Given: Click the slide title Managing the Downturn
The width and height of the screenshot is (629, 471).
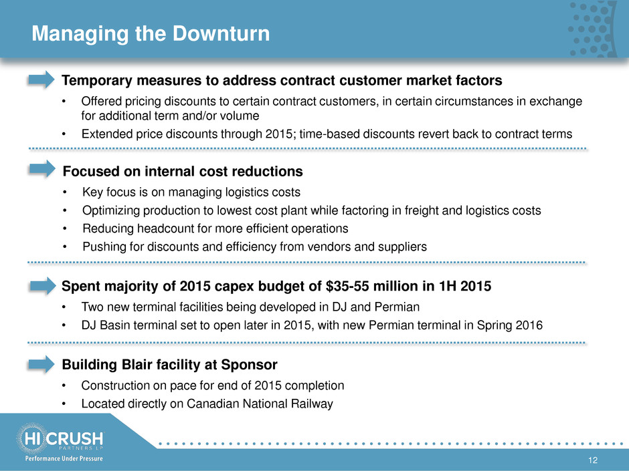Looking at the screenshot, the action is [x=151, y=33].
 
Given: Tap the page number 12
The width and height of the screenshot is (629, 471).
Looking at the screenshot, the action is [x=592, y=460].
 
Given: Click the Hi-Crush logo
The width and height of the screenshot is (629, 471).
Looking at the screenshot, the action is [x=60, y=438].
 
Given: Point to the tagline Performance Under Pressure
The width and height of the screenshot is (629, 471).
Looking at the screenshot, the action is [x=64, y=458].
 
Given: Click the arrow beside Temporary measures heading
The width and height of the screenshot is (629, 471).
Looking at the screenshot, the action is [x=41, y=80].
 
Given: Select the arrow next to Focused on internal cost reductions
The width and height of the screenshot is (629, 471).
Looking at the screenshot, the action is [x=42, y=169].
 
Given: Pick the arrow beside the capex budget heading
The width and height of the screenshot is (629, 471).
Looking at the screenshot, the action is [x=43, y=286].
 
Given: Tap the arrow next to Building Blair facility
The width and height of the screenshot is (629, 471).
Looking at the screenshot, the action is [x=41, y=364].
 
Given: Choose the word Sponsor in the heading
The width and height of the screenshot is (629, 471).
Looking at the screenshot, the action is [x=249, y=365].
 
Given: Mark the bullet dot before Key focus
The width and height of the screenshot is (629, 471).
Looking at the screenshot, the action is [x=65, y=192].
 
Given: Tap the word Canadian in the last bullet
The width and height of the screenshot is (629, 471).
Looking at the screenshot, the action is [x=213, y=404].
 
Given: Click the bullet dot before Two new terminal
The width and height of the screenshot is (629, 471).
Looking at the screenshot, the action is [x=64, y=307].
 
